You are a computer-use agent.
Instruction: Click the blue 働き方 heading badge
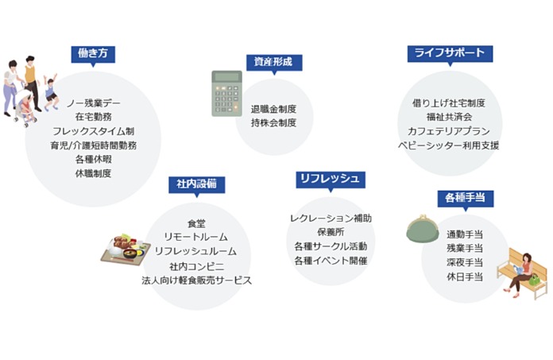pyautogui.click(x=93, y=53)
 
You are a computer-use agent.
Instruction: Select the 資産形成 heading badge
pyautogui.click(x=273, y=61)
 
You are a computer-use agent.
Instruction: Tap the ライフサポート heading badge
pyautogui.click(x=449, y=53)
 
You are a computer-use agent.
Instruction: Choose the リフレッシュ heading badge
pyautogui.click(x=329, y=178)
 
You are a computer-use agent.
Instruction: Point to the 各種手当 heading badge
pyautogui.click(x=466, y=197)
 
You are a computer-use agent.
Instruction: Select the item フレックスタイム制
pyautogui.click(x=93, y=130)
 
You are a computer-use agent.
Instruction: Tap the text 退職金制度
pyautogui.click(x=273, y=109)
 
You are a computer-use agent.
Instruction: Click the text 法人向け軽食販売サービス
pyautogui.click(x=196, y=281)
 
